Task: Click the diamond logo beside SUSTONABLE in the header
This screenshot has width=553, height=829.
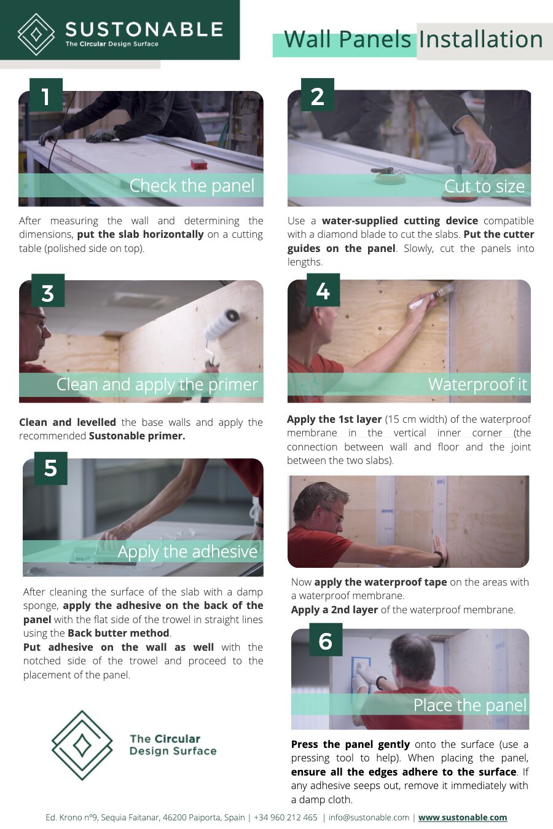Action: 36,34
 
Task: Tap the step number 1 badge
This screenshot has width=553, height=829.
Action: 46,95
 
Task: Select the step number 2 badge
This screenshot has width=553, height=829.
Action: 318,95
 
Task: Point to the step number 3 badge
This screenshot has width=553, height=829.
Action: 48,291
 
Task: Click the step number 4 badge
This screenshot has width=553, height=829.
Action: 323,290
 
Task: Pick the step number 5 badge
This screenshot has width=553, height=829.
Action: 51,468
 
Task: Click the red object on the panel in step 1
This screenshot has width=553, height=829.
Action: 199,164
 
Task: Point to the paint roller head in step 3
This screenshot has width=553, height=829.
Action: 221,323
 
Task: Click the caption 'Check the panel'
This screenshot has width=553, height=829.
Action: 192,186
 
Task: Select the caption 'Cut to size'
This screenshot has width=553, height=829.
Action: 484,186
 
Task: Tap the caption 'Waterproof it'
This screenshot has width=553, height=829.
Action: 477,385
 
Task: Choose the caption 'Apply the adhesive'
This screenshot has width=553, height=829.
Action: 187,551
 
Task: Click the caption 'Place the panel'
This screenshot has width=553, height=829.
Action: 469,705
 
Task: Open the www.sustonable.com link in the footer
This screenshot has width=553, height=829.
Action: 463,817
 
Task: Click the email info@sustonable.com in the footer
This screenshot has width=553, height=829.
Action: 369,817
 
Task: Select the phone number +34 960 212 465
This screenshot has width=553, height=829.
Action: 286,817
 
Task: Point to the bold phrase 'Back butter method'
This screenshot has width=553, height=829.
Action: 119,633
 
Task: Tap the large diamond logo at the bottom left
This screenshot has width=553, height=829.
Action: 82,745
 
